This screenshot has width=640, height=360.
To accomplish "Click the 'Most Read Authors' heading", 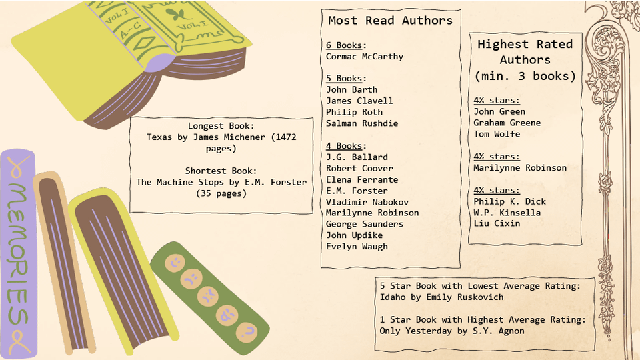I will [x=390, y=21].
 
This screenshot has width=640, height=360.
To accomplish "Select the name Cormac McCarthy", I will [x=365, y=57].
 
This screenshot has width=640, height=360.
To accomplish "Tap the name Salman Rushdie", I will [x=362, y=123].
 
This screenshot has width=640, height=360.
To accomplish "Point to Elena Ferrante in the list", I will [x=362, y=179].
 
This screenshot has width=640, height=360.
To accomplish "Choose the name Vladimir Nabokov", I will [x=367, y=202].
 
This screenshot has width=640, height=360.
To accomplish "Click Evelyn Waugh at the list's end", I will [x=357, y=247].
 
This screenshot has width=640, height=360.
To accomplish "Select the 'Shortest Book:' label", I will [x=221, y=171].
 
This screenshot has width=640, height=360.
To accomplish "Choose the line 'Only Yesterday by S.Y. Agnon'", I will [x=451, y=331].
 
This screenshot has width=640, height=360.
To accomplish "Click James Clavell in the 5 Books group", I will [x=359, y=101].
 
